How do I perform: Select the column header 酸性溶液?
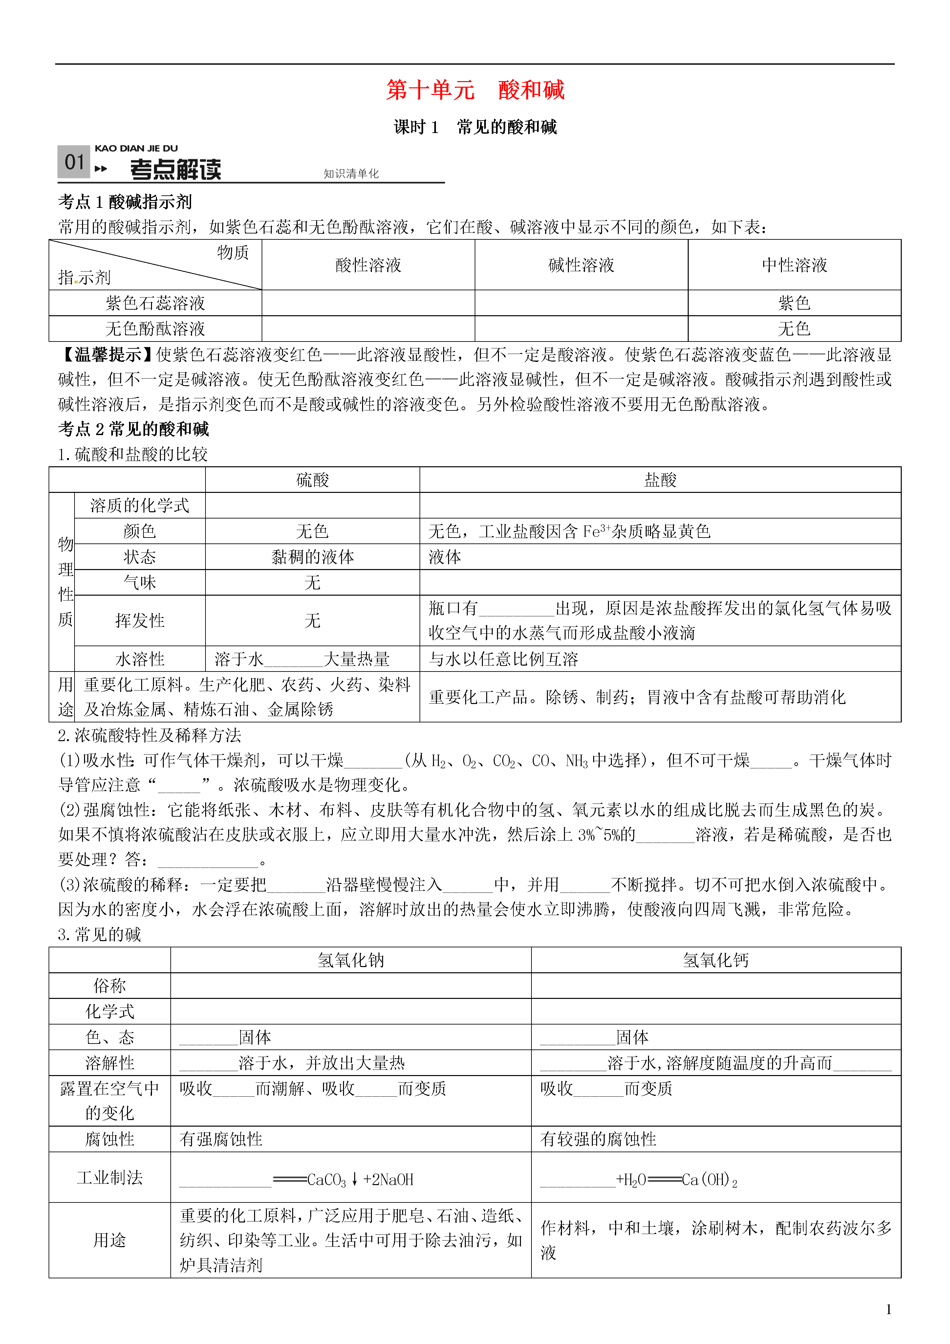click(368, 265)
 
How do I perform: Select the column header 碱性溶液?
click(581, 265)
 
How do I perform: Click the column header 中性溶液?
click(794, 265)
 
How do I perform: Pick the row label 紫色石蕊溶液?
click(155, 303)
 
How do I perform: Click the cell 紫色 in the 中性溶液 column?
click(794, 303)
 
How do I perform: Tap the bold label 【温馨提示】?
click(107, 355)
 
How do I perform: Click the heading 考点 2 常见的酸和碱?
click(134, 429)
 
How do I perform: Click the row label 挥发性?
click(140, 621)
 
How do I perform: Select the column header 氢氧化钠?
click(351, 960)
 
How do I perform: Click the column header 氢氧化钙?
click(716, 960)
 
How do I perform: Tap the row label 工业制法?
click(110, 1178)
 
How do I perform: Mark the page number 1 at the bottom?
click(889, 1310)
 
